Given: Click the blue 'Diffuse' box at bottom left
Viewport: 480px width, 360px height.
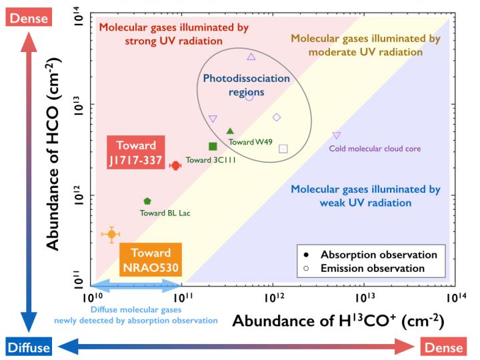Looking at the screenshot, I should click(28, 347).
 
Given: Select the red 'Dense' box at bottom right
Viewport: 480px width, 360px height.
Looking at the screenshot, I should click(446, 347).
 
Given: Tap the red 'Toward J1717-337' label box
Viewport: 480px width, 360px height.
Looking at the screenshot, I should click(136, 153).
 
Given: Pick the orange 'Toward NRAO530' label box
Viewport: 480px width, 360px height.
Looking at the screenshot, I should click(150, 261).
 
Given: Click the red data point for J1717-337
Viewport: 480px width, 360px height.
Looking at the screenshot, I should click(175, 165).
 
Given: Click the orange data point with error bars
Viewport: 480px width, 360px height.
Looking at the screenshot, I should click(112, 234).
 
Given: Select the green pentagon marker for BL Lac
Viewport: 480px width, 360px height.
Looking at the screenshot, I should click(147, 201).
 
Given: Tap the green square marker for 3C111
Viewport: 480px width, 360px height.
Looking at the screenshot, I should click(213, 146).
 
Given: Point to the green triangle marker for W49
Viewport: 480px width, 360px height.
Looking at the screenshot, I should click(230, 131).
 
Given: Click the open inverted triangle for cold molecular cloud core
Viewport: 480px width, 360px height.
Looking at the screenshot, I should click(337, 135).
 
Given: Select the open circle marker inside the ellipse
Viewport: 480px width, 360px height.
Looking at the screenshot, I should click(249, 97).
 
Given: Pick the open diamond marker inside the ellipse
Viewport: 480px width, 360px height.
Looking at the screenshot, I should click(277, 117).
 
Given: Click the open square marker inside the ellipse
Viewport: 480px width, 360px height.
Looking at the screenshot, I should click(283, 149).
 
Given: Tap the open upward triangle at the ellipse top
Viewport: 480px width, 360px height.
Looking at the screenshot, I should click(251, 57).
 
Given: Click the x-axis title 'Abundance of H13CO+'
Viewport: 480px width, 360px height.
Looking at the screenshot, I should click(338, 321).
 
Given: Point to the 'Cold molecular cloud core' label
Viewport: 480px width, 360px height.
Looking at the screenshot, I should click(375, 149).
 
